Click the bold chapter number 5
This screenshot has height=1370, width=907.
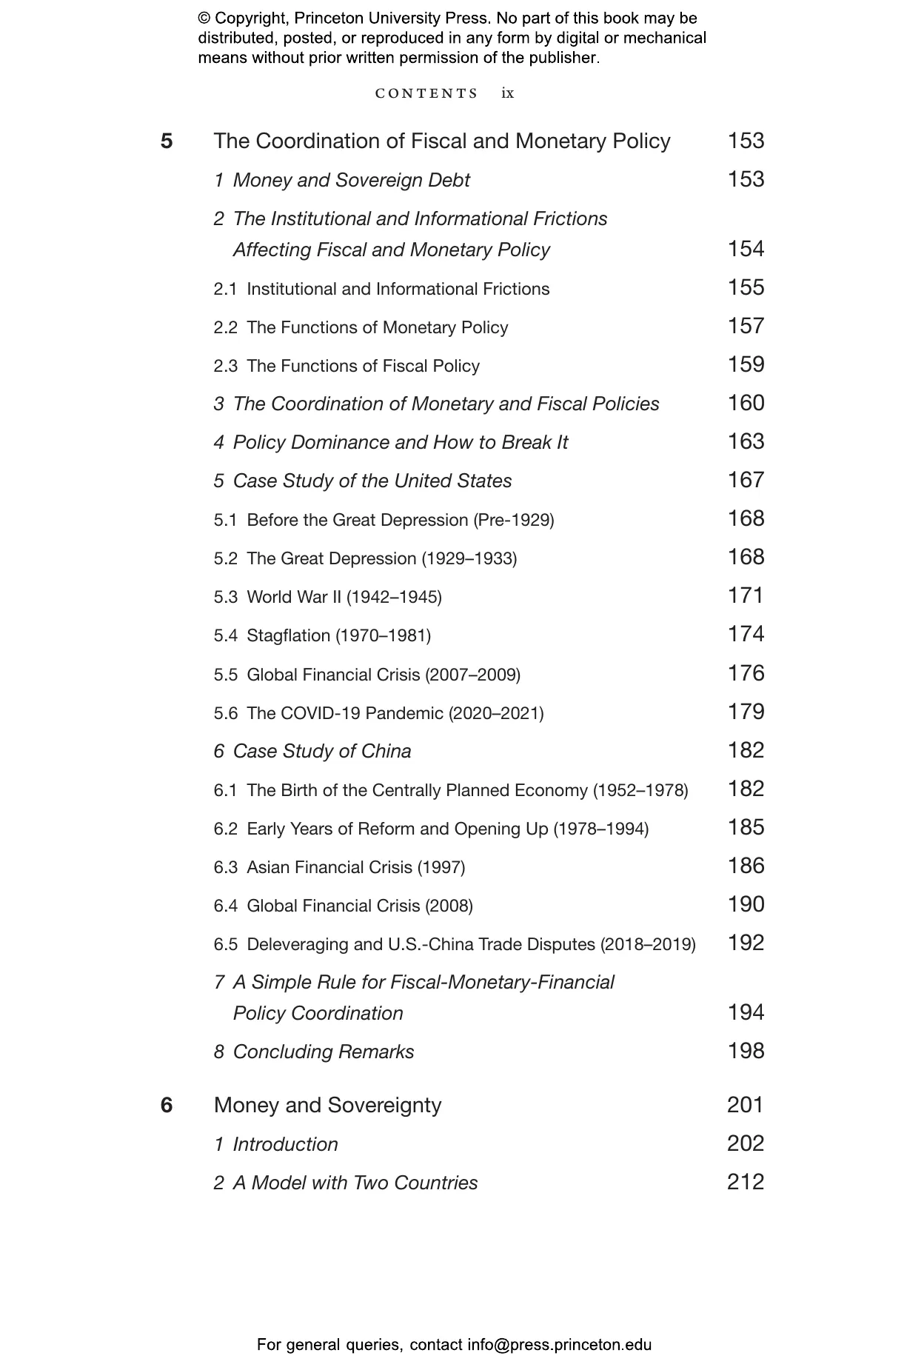click(167, 141)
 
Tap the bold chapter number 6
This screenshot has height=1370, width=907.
click(167, 1105)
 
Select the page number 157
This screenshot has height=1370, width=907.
click(746, 326)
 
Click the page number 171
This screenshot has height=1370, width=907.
click(746, 595)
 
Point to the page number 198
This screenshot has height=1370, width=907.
click(746, 1051)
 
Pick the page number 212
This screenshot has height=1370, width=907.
click(746, 1182)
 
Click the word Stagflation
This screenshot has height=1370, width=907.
click(288, 635)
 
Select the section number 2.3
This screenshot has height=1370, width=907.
click(226, 366)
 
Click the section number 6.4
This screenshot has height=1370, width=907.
click(226, 906)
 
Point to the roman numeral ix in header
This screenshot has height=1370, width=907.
click(507, 93)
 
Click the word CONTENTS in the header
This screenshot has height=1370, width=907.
click(426, 93)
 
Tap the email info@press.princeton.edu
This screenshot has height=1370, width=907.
click(559, 1345)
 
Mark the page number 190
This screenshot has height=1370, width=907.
click(746, 904)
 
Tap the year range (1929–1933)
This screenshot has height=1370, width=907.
click(469, 558)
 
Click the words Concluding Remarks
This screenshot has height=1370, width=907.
click(324, 1052)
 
